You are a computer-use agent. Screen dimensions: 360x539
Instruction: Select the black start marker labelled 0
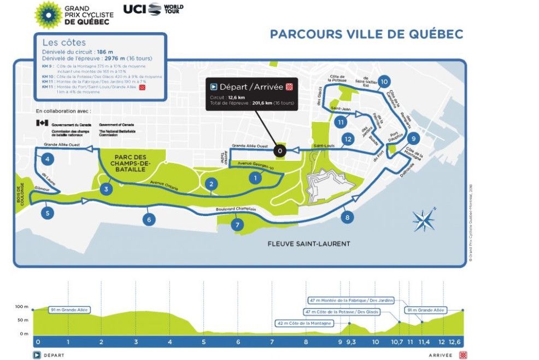[x=279, y=150]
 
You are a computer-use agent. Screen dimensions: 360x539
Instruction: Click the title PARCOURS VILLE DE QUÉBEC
[x=366, y=34]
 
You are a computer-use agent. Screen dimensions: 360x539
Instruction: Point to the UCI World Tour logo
[x=153, y=9]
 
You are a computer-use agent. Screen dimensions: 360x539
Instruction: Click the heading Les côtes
[x=64, y=43]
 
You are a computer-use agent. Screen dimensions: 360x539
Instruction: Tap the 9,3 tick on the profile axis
[x=350, y=342]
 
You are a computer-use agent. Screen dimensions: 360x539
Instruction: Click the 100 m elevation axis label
[x=21, y=306]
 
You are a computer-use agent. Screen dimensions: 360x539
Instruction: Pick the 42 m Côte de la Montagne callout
[x=304, y=323]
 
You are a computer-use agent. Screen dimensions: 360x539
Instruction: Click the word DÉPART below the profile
[x=54, y=355]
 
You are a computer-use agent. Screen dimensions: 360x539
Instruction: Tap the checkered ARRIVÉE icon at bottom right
[x=464, y=355]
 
